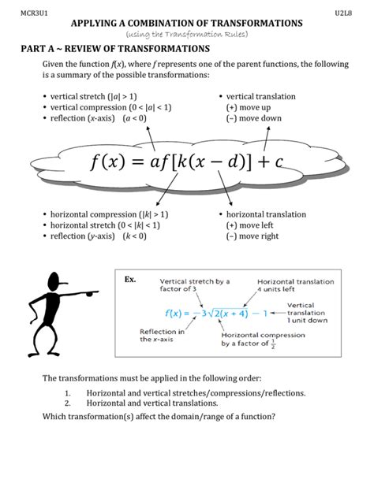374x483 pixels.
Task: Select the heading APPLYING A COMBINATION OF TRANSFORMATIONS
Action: click(186, 24)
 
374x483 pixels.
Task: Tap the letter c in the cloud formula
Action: click(278, 164)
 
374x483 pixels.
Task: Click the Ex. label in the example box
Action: click(131, 280)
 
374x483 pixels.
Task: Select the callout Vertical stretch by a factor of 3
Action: click(194, 285)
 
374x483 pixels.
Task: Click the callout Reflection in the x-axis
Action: click(163, 335)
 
